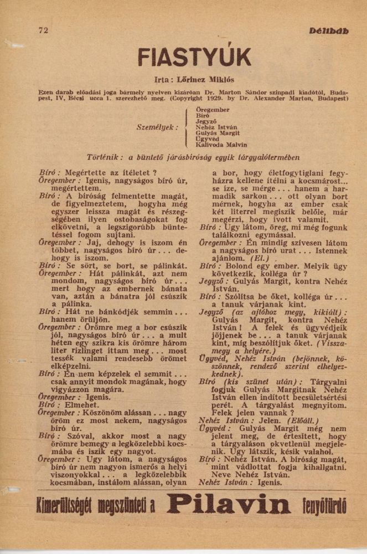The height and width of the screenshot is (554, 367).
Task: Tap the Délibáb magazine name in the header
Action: pos(329,31)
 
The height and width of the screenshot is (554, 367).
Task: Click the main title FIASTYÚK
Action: pos(194,57)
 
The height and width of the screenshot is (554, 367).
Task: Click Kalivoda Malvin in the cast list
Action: pos(221,145)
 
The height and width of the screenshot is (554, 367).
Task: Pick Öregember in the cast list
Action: pos(213,110)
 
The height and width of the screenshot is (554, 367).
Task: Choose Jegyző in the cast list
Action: pos(206,121)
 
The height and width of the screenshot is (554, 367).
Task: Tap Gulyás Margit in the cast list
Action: pos(218,133)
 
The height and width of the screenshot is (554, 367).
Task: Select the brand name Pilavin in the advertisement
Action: pos(229,505)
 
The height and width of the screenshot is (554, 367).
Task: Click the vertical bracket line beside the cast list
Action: pos(187,127)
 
